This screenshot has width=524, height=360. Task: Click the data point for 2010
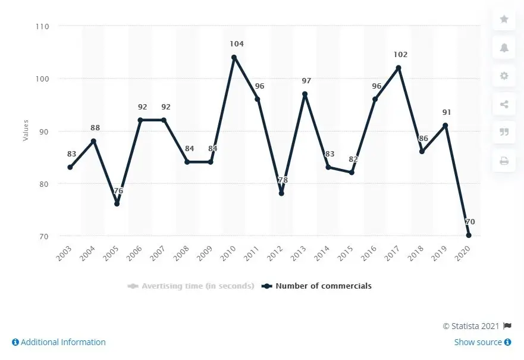[x=234, y=57]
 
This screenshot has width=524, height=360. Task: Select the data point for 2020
[x=469, y=236]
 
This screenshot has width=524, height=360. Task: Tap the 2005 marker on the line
[x=117, y=204]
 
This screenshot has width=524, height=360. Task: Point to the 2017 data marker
[x=399, y=68]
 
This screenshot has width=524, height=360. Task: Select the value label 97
[x=306, y=80]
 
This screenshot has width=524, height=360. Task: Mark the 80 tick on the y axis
[x=45, y=184]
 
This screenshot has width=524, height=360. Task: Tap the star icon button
[x=504, y=20]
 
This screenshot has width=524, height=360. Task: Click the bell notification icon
[x=504, y=48]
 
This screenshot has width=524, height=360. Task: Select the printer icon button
[x=504, y=161]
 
